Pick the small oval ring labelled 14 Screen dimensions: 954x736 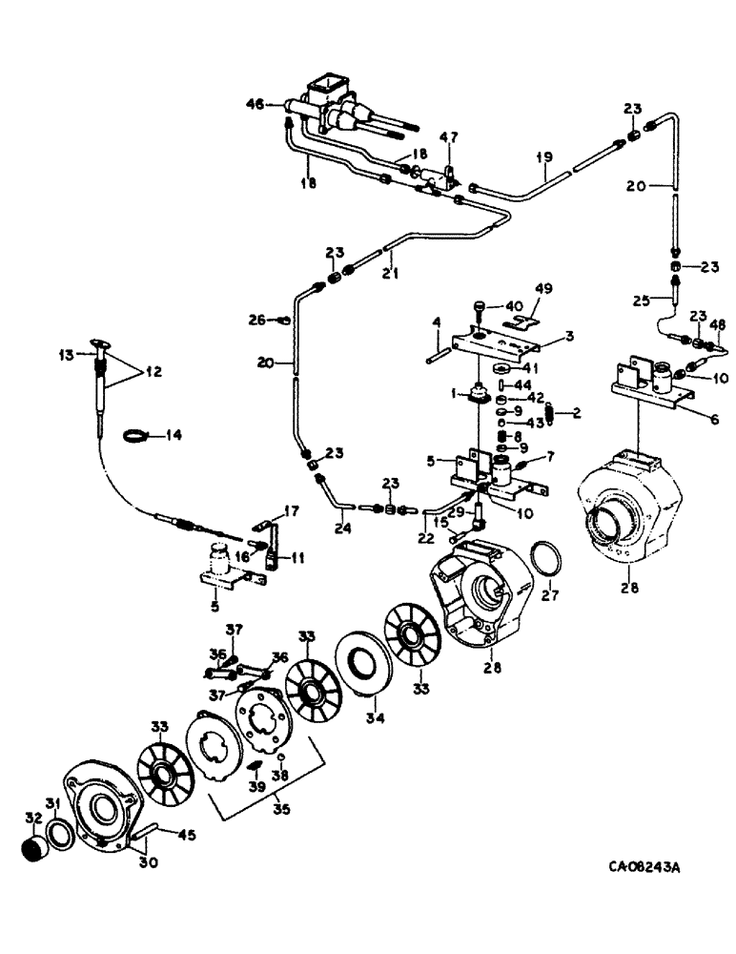[138, 437]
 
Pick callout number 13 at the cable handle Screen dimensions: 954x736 [65, 356]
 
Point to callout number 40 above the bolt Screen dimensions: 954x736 [514, 306]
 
